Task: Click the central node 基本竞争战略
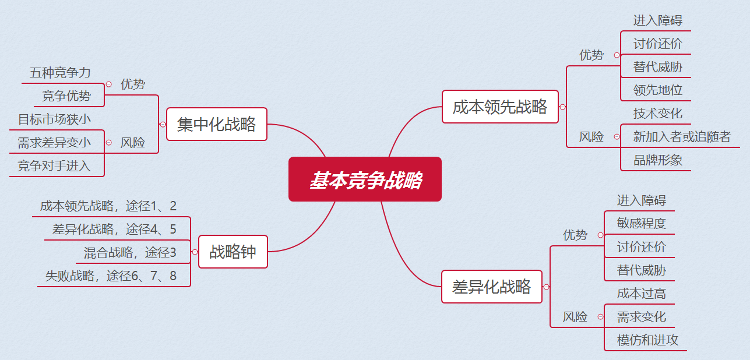[365, 179]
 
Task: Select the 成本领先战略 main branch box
[500, 107]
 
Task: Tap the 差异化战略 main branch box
[492, 287]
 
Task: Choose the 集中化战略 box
[216, 124]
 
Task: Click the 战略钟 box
[233, 252]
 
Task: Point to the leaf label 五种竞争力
[61, 73]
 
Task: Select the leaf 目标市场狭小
[54, 119]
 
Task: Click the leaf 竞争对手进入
[54, 166]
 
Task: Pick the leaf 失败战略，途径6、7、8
[111, 276]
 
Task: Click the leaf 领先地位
[658, 90]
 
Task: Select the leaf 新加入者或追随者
[682, 137]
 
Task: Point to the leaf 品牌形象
[658, 160]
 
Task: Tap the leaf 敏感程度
[642, 224]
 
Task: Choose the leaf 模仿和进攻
[648, 340]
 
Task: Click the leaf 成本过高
[642, 294]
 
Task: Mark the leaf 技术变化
[658, 113]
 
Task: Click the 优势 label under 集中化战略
[133, 84]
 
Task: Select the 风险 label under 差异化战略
[575, 317]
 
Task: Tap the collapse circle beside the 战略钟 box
[195, 252]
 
